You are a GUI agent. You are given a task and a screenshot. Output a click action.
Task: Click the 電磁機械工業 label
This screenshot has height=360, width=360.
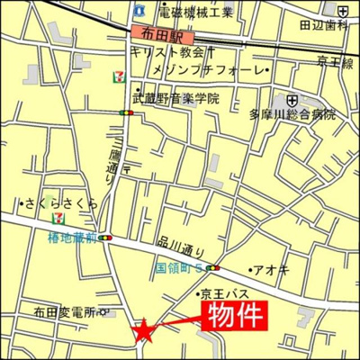[195, 12]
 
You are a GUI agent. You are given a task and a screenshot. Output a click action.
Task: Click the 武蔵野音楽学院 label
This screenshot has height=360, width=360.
[175, 97]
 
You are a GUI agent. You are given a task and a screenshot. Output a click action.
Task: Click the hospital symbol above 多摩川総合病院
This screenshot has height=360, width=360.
[293, 100]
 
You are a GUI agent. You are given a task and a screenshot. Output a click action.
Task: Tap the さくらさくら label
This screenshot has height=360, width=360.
[61, 203]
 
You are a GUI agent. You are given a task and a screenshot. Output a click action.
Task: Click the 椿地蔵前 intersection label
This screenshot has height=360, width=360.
[74, 238]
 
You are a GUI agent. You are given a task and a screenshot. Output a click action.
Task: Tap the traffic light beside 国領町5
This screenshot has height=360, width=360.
[213, 267]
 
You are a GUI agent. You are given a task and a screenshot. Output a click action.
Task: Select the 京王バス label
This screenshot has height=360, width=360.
[222, 294]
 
